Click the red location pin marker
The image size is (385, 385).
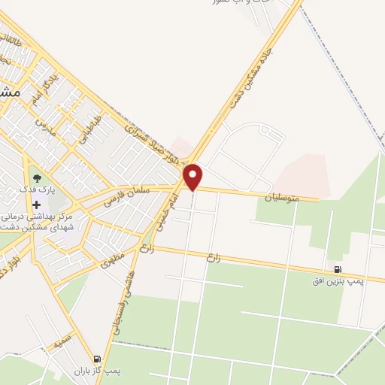[193, 177]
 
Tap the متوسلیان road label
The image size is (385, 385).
[281, 198]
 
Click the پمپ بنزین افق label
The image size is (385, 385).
[338, 280]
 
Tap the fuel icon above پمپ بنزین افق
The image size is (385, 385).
[338, 269]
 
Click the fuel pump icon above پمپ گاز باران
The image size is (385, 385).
[97, 359]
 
